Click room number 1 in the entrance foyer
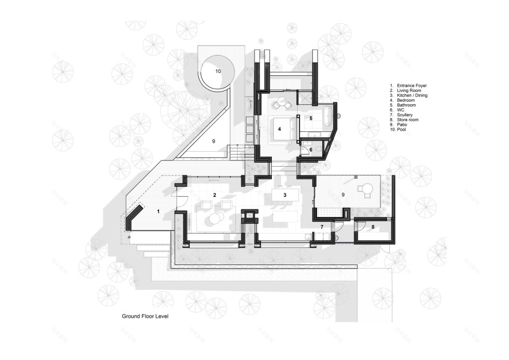(x=158, y=212)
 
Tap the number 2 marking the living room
(x=215, y=195)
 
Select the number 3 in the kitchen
(x=285, y=196)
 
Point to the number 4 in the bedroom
(x=279, y=129)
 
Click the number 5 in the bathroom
(x=311, y=119)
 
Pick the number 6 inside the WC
(x=311, y=150)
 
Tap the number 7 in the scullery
(x=322, y=227)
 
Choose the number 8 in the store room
(x=373, y=227)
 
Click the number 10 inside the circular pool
(x=218, y=71)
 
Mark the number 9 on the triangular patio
(x=213, y=141)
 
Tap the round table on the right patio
(x=365, y=189)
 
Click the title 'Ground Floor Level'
(x=145, y=317)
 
